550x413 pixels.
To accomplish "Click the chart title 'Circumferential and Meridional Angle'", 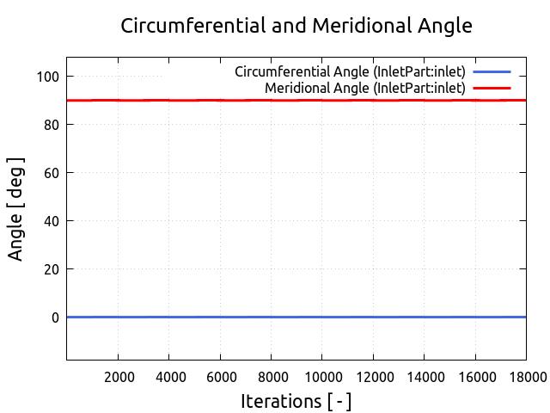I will pyautogui.click(x=296, y=26).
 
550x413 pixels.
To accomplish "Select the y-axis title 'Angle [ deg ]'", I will pyautogui.click(x=16, y=209).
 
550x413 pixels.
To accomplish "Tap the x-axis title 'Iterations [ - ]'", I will pyautogui.click(x=296, y=401).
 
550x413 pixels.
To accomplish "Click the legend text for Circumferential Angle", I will pyautogui.click(x=350, y=71).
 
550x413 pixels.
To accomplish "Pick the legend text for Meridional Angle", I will pyautogui.click(x=365, y=88).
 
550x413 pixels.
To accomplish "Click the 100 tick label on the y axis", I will pyautogui.click(x=47, y=77).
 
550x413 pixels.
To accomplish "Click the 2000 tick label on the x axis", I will pyautogui.click(x=119, y=376).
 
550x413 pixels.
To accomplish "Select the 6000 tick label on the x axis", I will pyautogui.click(x=220, y=376).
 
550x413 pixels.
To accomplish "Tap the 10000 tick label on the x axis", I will pyautogui.click(x=321, y=376).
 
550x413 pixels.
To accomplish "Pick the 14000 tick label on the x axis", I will pyautogui.click(x=423, y=376).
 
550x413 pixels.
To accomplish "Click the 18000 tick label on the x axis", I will pyautogui.click(x=524, y=376).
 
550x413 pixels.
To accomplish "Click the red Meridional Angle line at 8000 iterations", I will pyautogui.click(x=271, y=101).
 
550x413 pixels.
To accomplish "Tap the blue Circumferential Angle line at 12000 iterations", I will pyautogui.click(x=372, y=317).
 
